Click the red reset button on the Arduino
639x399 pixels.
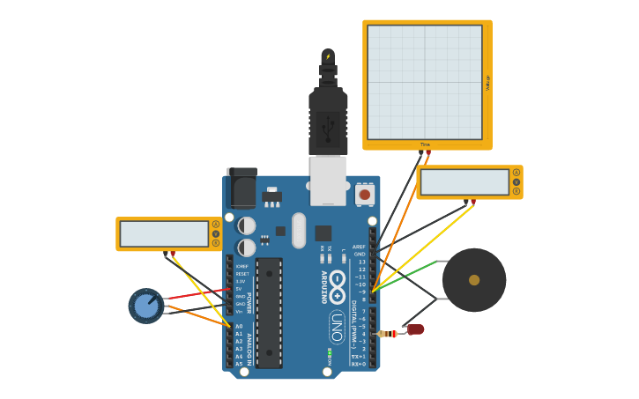coord(365,194)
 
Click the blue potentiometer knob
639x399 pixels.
coord(145,306)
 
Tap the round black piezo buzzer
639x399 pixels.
coord(474,280)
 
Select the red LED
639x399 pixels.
coord(415,329)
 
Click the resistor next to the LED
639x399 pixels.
coord(387,334)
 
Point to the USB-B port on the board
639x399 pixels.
coord(328,180)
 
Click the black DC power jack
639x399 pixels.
coord(241,187)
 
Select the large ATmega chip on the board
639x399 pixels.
coord(269,313)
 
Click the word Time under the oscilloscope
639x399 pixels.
coord(425,144)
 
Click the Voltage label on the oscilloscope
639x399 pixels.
coord(487,83)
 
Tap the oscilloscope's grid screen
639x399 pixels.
coord(425,82)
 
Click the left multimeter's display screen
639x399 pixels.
coord(164,233)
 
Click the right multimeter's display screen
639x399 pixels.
coord(464,182)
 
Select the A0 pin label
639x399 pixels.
coord(239,327)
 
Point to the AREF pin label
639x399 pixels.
coord(359,247)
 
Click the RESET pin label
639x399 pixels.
coord(241,274)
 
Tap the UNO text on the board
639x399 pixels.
coord(337,327)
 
